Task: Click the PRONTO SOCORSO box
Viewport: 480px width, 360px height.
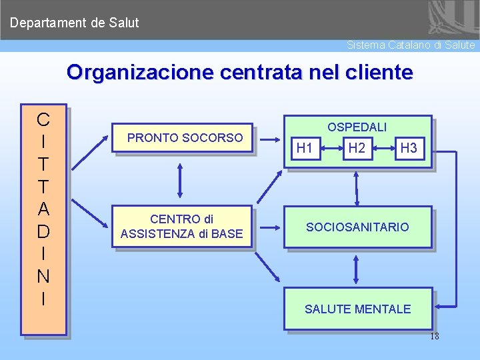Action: (x=185, y=138)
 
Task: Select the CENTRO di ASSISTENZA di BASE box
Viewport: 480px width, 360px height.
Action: (x=182, y=227)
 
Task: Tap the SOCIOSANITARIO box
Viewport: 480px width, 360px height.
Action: (x=357, y=227)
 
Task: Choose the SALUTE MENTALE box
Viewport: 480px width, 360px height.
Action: (x=357, y=309)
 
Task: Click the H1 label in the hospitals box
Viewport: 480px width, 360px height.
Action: (x=305, y=149)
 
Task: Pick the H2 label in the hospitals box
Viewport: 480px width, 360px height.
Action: (x=357, y=149)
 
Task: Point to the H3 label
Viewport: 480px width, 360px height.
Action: (x=408, y=149)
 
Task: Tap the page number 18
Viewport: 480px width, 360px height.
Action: (x=434, y=337)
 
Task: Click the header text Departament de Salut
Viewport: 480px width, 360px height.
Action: (x=75, y=23)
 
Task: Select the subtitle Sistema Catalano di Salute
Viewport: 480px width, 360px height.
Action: (x=411, y=45)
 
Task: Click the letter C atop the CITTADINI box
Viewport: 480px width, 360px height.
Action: (x=43, y=120)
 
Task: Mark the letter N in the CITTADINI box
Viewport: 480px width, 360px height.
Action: (x=43, y=276)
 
